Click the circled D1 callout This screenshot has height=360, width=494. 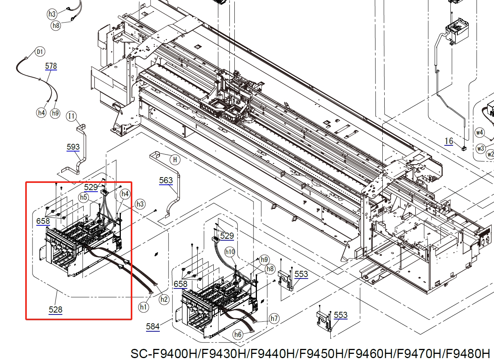(40, 52)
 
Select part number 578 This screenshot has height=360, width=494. (51, 66)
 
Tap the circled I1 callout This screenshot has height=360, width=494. (71, 116)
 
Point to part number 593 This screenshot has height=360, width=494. (73, 147)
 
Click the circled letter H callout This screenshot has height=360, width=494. (175, 160)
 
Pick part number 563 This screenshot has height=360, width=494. (166, 180)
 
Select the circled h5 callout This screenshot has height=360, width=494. (84, 197)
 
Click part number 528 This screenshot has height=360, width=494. (55, 310)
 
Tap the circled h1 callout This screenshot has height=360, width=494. (143, 307)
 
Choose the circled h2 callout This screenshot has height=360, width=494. (164, 299)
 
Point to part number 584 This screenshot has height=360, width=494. (153, 326)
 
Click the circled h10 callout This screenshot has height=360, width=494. (230, 252)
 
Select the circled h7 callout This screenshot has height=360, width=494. (274, 318)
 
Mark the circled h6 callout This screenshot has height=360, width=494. (238, 334)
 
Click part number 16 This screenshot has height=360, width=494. (449, 141)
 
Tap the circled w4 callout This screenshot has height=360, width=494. (480, 132)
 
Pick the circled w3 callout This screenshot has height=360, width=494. (481, 148)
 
